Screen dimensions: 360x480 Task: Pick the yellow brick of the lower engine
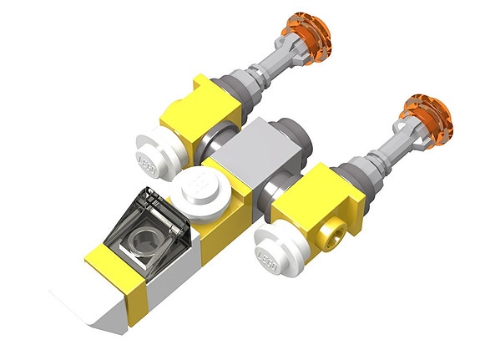(x=306, y=200)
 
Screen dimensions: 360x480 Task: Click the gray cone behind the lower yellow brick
(x=351, y=171)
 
